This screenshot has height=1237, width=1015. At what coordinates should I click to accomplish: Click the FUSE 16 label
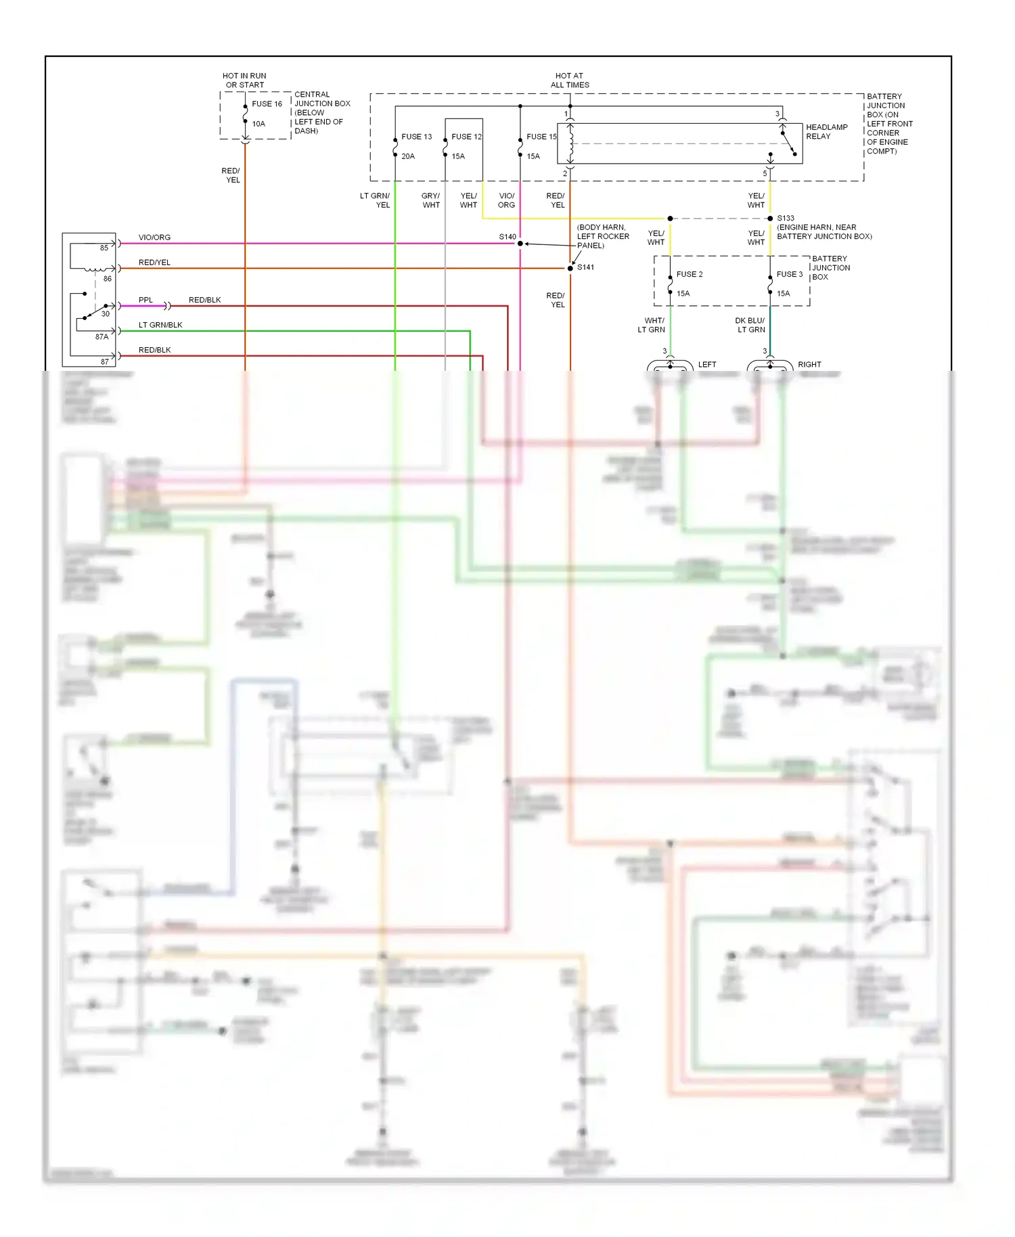[267, 104]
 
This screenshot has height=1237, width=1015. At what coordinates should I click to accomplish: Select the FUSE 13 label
[416, 137]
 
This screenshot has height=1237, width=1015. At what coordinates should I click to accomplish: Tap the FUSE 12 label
[466, 137]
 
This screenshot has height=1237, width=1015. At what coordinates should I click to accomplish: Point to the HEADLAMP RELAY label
[826, 132]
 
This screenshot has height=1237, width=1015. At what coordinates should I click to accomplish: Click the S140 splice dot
[520, 244]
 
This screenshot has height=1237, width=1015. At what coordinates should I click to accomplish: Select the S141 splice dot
[570, 269]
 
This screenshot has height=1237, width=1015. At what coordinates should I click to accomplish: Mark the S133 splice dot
[770, 219]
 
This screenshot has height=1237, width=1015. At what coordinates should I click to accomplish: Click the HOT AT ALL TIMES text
[570, 81]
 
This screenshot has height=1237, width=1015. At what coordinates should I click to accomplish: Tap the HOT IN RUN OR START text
[244, 81]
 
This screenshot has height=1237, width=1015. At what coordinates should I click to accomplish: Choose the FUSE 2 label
[689, 275]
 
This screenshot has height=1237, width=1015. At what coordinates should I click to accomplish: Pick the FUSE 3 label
[789, 275]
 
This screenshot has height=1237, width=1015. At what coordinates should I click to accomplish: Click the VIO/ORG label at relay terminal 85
[154, 238]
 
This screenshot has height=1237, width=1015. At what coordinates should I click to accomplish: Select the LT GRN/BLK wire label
[160, 325]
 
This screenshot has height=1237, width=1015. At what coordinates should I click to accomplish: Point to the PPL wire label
[145, 300]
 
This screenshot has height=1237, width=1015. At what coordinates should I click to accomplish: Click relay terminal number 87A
[101, 337]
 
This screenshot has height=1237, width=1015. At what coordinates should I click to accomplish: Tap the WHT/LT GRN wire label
[652, 325]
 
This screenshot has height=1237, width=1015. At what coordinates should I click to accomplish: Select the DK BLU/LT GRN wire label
[750, 325]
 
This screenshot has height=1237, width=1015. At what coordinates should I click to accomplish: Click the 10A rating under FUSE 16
[258, 124]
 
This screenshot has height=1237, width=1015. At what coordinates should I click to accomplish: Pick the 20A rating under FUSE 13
[408, 156]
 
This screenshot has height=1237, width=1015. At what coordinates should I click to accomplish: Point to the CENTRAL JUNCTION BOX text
[321, 99]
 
